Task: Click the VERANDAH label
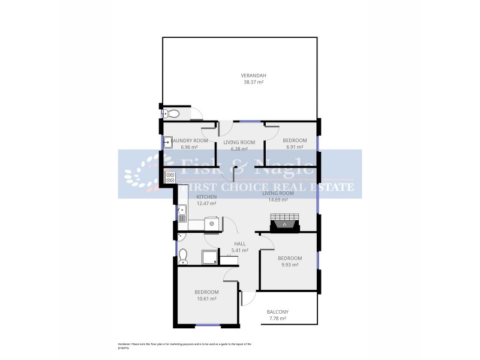coord(254,75)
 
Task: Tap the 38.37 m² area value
coord(254,82)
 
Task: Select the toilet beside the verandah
coord(173,113)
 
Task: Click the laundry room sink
coord(169,142)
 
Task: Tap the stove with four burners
coord(170,177)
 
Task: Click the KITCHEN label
coord(206,197)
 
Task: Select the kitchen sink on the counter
coord(182,211)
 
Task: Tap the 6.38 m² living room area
coord(239,149)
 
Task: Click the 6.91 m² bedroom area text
coord(295,147)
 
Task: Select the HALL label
coord(240,244)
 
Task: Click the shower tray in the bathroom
coord(209,258)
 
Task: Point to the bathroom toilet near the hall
coord(183,257)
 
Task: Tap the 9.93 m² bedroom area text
coord(290,265)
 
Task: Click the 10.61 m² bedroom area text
coord(206,298)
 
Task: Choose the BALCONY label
coord(278,311)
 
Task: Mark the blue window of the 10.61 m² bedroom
coord(208,325)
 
